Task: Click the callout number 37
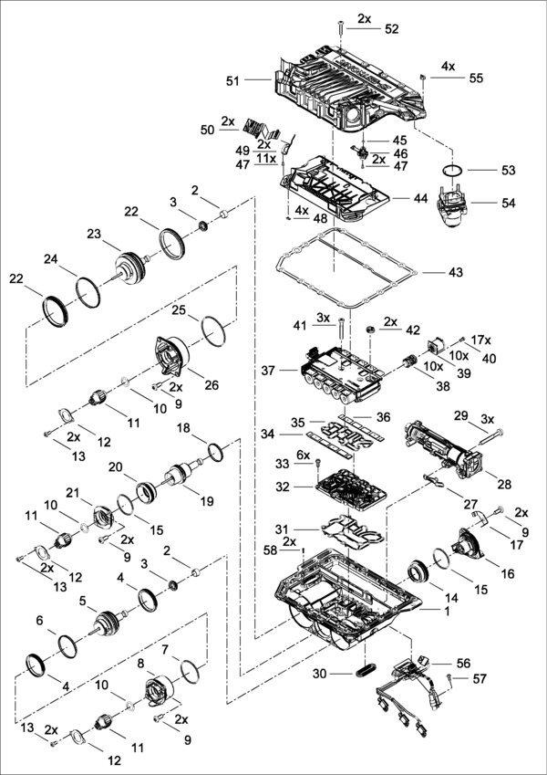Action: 267,371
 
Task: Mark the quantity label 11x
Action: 265,158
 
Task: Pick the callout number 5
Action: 83,602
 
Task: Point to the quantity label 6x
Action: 303,455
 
